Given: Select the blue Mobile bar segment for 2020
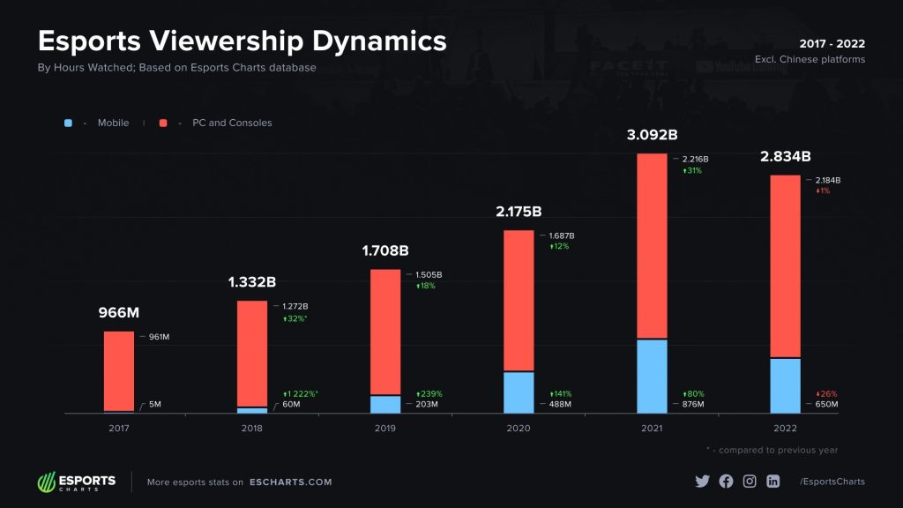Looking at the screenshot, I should pos(519,392).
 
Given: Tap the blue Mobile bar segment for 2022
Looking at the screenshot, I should pos(785,385).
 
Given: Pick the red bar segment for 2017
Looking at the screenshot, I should pos(119,370).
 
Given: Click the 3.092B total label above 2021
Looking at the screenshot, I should pos(652,135).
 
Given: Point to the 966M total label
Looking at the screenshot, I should pos(119,313).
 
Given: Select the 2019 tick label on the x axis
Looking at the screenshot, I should pos(385,428).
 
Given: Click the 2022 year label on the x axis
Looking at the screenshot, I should pos(785,428).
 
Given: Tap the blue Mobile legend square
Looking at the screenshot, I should pos(68,123).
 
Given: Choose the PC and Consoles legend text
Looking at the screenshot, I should pos(232,123).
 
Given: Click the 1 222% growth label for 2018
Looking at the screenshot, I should pos(301,393).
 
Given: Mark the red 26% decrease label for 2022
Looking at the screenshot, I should pos(826,393).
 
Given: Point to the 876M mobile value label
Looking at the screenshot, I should pos(695,404).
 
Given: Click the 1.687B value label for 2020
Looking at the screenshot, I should pos(562,235).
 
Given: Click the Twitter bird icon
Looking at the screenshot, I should pos(702,482).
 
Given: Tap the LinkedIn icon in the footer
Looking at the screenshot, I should pos(773,482).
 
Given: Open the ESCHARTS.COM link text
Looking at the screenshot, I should pos(290,482).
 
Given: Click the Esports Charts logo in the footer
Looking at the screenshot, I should pos(76,482).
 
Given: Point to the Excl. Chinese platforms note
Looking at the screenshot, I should pos(810,60).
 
